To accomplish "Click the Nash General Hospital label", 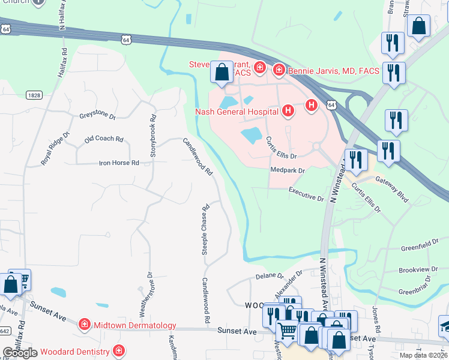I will (238, 111).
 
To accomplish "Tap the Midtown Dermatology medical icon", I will (84, 325).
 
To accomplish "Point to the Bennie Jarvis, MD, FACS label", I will (334, 71).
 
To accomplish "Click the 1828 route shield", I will (34, 95).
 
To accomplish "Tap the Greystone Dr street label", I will (97, 116).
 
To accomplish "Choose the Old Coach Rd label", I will (104, 139).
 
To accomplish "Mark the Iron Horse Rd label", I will (119, 163).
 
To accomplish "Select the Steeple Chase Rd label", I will (205, 230).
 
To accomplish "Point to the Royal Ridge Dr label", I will (55, 149).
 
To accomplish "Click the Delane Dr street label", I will (269, 276).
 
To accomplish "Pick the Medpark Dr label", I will (288, 170).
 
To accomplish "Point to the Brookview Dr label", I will (418, 270).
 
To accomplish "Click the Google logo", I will (20, 353).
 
